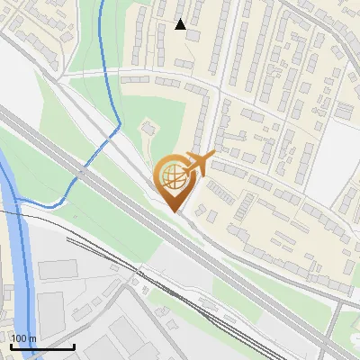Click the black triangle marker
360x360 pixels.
pos(181,24)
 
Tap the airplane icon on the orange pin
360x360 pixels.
pos(200,165)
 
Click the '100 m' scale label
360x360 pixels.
pos(23,338)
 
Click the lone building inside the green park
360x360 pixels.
pos(149,129)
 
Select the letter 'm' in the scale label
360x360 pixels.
pos(31,338)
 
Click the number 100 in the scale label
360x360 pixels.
pos(19,338)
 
